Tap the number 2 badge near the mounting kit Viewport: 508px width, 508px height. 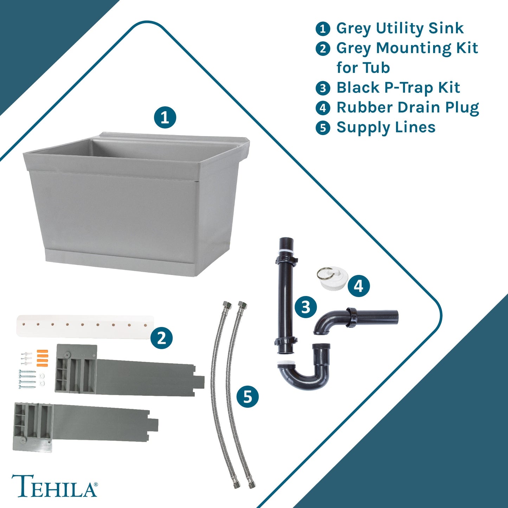[x=161, y=338]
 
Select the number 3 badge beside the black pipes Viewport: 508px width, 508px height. [x=306, y=307]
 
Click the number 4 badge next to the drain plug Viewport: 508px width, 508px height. [x=359, y=286]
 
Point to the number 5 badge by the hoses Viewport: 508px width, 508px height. [x=247, y=397]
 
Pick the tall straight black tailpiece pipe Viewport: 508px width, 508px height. [x=286, y=295]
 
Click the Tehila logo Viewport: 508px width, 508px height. [x=54, y=486]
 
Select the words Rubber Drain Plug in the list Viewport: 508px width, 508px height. [x=407, y=108]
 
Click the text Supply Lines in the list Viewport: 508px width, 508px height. [x=386, y=127]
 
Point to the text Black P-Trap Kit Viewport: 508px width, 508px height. [x=398, y=88]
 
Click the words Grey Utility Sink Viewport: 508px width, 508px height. [x=400, y=28]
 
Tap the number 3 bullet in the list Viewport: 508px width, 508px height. [x=323, y=88]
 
